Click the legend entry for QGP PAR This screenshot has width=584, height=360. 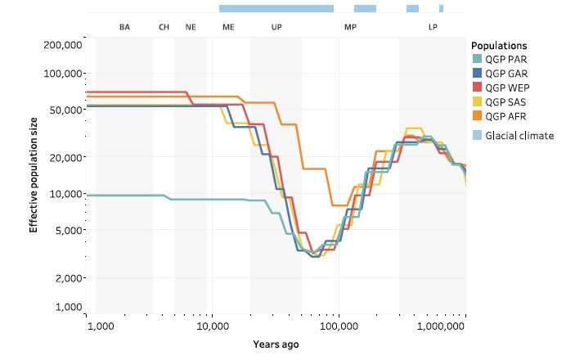point(504,60)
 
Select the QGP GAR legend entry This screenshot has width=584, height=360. point(504,74)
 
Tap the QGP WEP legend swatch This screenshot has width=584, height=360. point(478,88)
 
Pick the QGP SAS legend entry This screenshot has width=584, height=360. point(504,101)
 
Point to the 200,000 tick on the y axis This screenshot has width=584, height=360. point(64,44)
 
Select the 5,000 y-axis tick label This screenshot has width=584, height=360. point(69,230)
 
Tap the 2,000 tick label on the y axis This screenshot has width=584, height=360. point(69,278)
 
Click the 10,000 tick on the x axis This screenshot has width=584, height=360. point(213,326)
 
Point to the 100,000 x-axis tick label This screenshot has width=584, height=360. point(339,326)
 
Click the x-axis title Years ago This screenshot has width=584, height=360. point(276,344)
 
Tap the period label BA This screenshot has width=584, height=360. point(124,27)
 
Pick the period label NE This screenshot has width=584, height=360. point(191,27)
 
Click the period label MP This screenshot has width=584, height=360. point(350,27)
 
